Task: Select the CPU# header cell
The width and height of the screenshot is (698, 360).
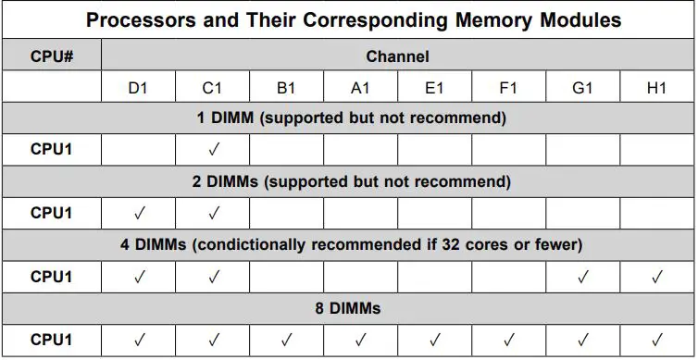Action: click(51, 56)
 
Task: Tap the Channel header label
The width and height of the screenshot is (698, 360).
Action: click(397, 56)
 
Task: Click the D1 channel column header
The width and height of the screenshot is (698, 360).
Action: click(139, 88)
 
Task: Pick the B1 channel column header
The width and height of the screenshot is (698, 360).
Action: click(287, 88)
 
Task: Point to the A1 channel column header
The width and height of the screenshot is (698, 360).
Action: click(361, 88)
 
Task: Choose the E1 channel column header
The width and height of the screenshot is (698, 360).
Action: click(434, 88)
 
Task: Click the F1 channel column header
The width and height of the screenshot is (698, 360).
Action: click(508, 88)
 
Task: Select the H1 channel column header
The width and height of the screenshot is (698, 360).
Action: click(656, 88)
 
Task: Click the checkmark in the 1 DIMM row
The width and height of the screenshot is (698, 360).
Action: click(213, 150)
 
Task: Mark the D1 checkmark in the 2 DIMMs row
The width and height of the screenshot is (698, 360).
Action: click(139, 213)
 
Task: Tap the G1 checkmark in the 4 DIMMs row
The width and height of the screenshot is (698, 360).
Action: click(582, 276)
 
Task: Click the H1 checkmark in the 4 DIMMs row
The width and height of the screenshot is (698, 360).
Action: click(656, 276)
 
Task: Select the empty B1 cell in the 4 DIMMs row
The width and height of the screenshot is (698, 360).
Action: click(287, 276)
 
